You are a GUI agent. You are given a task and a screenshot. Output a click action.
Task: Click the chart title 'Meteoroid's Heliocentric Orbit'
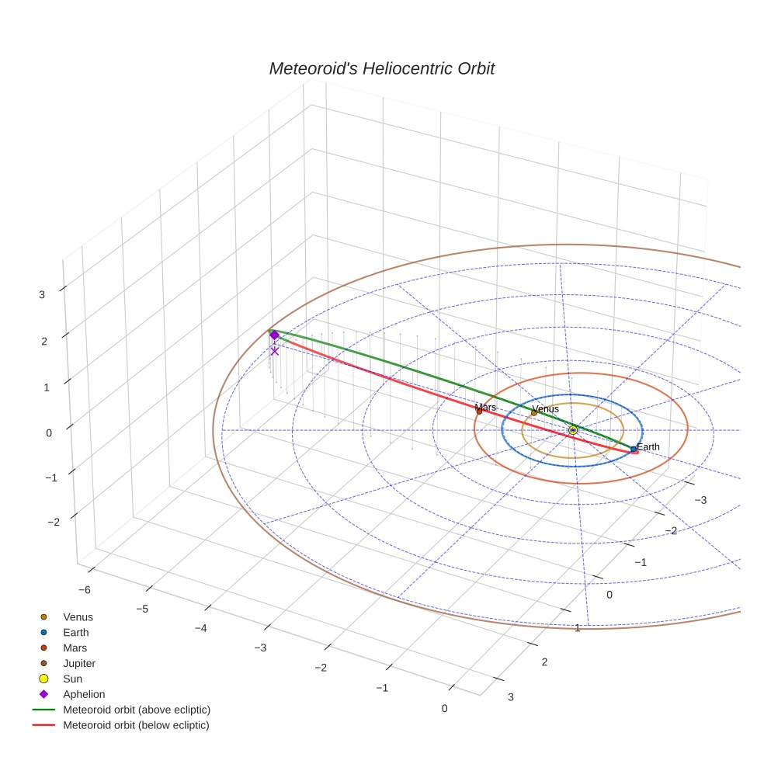pyautogui.click(x=381, y=68)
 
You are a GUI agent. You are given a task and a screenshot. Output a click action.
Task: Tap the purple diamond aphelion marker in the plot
pyautogui.click(x=274, y=335)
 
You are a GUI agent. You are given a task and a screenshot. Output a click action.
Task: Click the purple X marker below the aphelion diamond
pyautogui.click(x=274, y=351)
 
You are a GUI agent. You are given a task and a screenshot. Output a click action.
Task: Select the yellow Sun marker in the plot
pyautogui.click(x=573, y=429)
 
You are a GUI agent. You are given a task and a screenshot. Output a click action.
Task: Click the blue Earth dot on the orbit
pyautogui.click(x=634, y=449)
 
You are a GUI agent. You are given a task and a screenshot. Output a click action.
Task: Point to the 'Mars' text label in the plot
pyautogui.click(x=485, y=407)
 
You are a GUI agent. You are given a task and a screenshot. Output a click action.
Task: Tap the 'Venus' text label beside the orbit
pyautogui.click(x=545, y=408)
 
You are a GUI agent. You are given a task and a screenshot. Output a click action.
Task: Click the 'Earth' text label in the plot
pyautogui.click(x=648, y=446)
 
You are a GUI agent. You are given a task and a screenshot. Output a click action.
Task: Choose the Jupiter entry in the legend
pyautogui.click(x=79, y=663)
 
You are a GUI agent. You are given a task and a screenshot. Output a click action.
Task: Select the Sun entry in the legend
pyautogui.click(x=73, y=679)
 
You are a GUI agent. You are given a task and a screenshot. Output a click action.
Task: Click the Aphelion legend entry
pyautogui.click(x=84, y=694)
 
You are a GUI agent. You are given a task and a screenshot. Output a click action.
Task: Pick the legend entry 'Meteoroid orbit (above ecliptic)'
pyautogui.click(x=137, y=710)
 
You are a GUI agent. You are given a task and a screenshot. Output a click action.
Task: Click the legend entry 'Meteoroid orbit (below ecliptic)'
pyautogui.click(x=136, y=725)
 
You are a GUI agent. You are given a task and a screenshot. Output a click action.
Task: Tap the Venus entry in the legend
pyautogui.click(x=78, y=616)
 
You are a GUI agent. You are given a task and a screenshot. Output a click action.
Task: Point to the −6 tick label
pyautogui.click(x=83, y=589)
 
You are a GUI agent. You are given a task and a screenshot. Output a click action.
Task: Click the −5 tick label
pyautogui.click(x=142, y=609)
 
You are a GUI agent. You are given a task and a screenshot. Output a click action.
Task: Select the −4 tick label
pyautogui.click(x=200, y=627)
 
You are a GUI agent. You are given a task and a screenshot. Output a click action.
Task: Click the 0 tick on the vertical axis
pyautogui.click(x=48, y=432)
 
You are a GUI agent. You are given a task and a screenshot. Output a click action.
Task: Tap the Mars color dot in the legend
pyautogui.click(x=44, y=648)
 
